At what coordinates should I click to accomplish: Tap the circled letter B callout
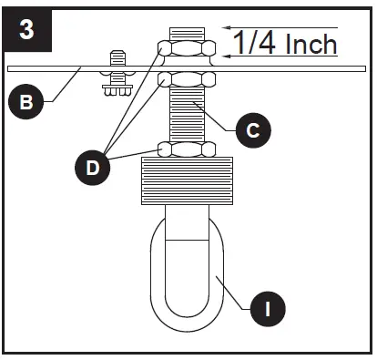click(28, 102)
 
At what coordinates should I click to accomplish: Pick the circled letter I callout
click(267, 309)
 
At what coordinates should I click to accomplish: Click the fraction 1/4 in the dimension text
click(253, 43)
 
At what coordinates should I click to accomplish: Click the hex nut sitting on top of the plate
click(187, 48)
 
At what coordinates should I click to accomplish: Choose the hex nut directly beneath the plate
click(187, 79)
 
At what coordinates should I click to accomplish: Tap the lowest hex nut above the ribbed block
click(187, 148)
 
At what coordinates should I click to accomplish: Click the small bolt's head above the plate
click(117, 57)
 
